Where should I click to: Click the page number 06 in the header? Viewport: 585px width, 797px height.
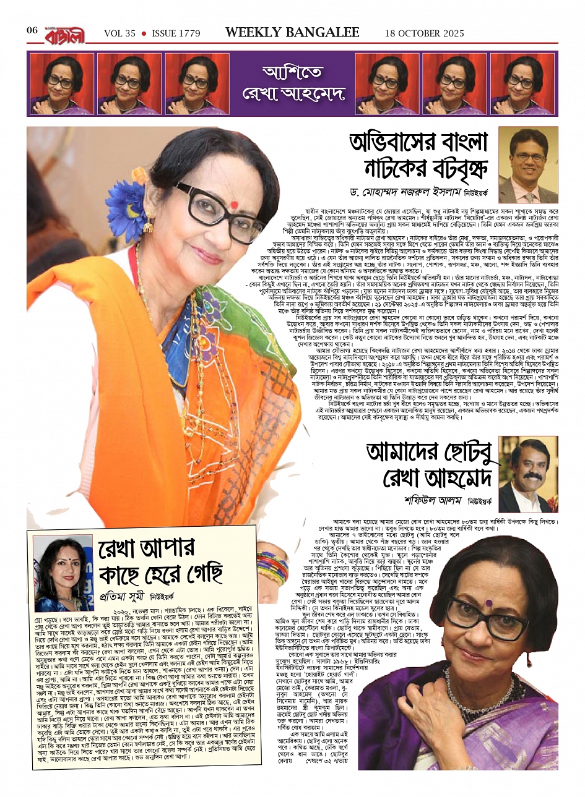point(32,31)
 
